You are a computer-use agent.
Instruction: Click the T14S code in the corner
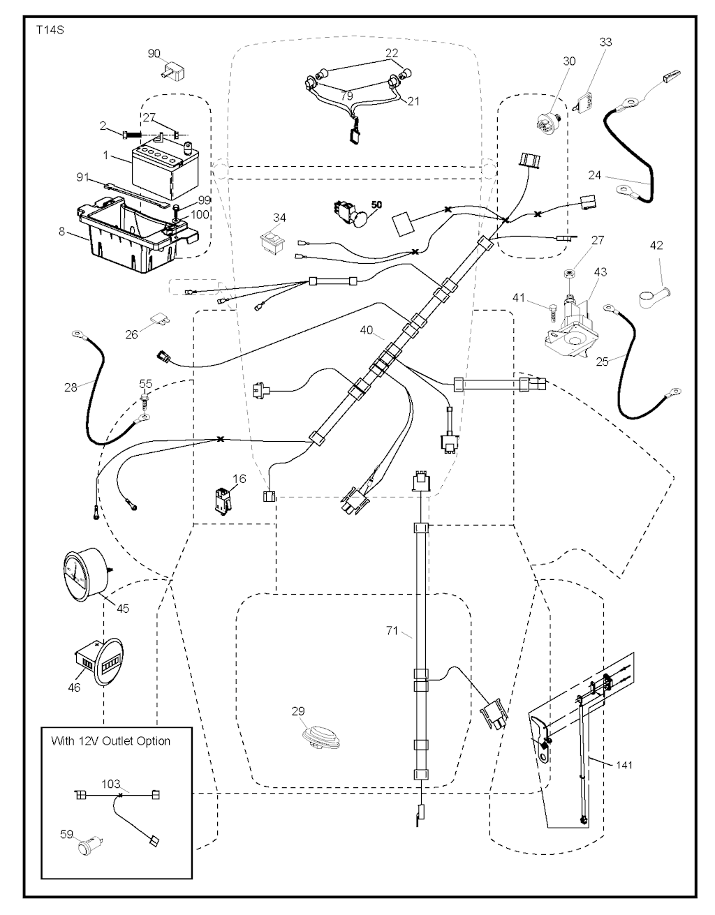click(45, 31)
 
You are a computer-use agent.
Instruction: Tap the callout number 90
click(154, 53)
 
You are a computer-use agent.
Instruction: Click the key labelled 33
click(584, 100)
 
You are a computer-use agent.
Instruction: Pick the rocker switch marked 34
click(269, 241)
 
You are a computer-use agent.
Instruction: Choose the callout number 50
click(376, 204)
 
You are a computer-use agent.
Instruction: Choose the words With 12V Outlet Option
click(110, 741)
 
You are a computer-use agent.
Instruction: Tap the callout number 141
click(624, 765)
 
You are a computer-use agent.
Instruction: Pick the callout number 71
click(392, 631)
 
